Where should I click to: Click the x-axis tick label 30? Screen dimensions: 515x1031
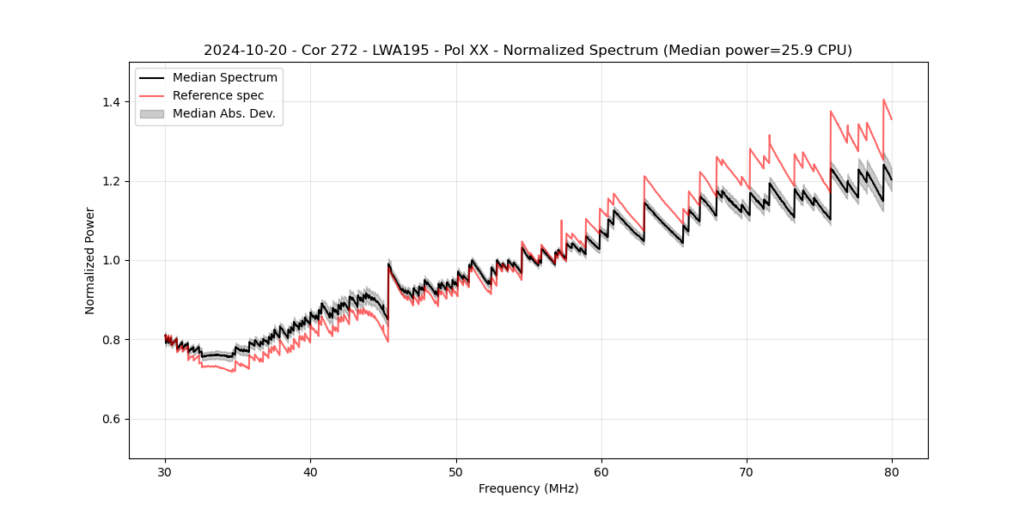[166, 471]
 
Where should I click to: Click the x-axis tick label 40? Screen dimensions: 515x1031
[311, 471]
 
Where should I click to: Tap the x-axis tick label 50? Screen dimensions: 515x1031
[456, 471]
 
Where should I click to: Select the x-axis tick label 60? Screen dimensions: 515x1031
[601, 471]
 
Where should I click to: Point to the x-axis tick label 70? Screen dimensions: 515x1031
[747, 471]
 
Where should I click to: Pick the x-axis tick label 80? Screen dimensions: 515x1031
[892, 471]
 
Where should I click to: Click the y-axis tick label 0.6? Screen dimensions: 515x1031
[112, 419]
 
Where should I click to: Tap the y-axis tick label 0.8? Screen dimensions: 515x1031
[112, 340]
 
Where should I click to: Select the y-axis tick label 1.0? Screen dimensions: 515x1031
[112, 260]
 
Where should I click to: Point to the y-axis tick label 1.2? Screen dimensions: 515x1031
[112, 181]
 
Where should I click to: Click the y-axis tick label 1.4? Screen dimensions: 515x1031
[112, 102]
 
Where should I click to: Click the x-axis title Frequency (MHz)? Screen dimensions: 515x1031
[528, 488]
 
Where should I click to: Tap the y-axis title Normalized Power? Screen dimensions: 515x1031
[90, 260]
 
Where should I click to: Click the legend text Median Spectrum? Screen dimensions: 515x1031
[224, 78]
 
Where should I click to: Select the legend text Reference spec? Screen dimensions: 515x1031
[218, 95]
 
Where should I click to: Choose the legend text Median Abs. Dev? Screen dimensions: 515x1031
[223, 113]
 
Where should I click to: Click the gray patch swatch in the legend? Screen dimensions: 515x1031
[152, 113]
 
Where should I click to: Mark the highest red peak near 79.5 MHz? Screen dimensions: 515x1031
[883, 100]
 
